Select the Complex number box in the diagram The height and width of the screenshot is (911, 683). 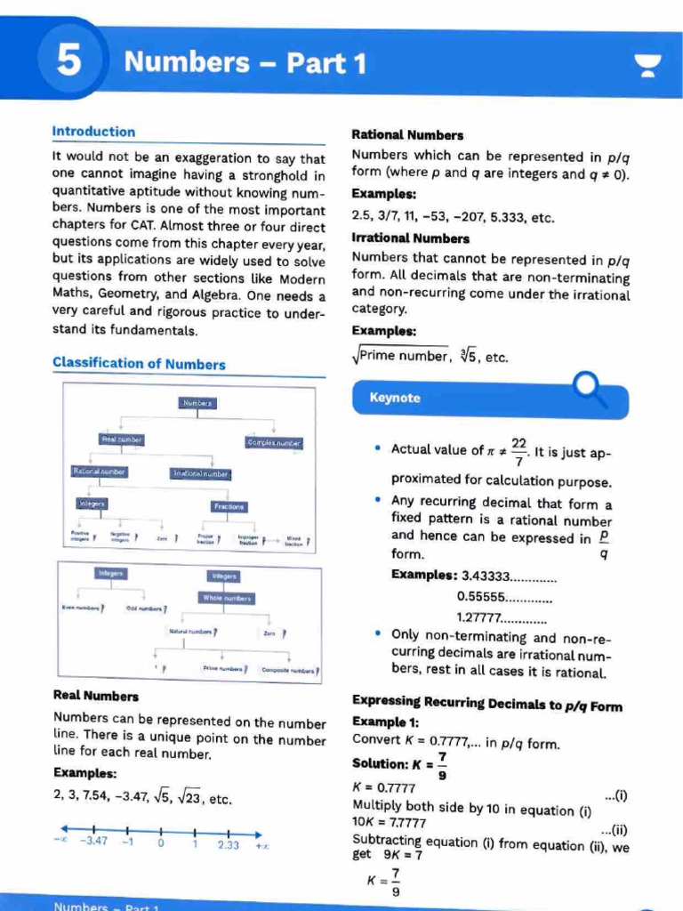pyautogui.click(x=274, y=442)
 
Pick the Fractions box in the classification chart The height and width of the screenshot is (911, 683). pyautogui.click(x=229, y=505)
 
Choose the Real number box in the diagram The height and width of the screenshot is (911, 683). pyautogui.click(x=122, y=439)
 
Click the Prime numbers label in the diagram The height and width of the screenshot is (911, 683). pyautogui.click(x=223, y=667)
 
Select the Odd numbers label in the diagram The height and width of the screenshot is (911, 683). pyautogui.click(x=145, y=609)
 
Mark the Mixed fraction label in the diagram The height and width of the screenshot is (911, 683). pyautogui.click(x=293, y=539)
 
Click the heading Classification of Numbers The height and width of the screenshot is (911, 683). pyautogui.click(x=139, y=363)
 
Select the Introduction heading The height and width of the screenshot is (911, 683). pyautogui.click(x=94, y=132)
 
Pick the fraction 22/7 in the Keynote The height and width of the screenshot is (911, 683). pyautogui.click(x=518, y=450)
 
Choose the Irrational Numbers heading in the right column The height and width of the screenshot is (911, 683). pyautogui.click(x=411, y=238)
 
